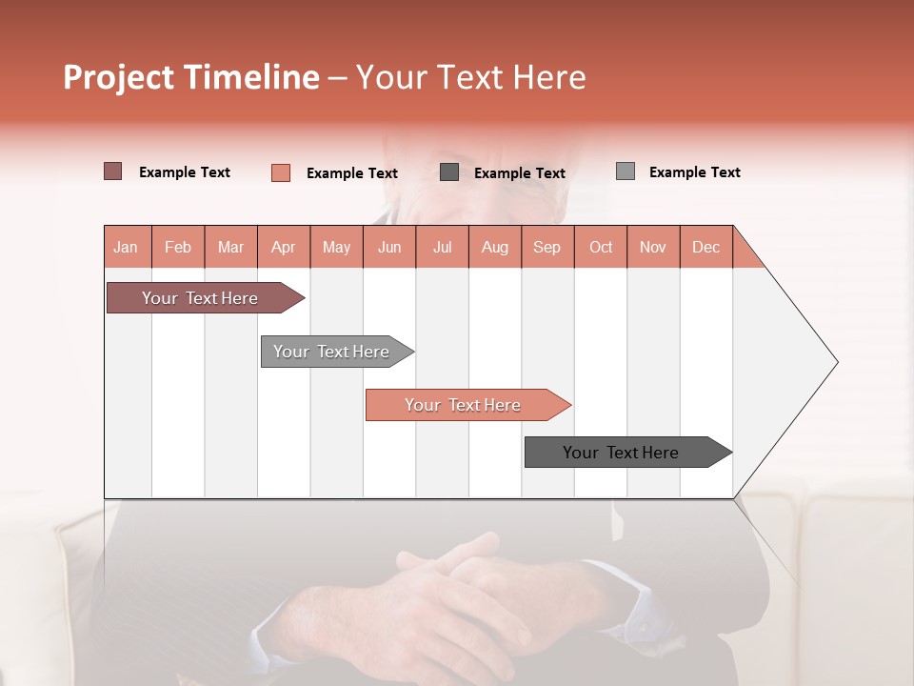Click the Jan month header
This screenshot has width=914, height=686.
coord(126,247)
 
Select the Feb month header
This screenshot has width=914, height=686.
coord(178,247)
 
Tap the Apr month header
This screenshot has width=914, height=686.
coord(283,247)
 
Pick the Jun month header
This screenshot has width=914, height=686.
coord(389,247)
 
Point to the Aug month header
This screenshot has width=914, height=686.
coord(494,247)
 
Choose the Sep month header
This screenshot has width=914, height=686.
coord(546,247)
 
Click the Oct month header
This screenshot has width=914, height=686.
coord(601,247)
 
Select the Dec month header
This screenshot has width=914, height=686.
coord(705,247)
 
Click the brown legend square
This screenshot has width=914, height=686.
coord(113,171)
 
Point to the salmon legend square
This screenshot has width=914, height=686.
coord(281,172)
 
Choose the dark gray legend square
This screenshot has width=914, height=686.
coord(449,172)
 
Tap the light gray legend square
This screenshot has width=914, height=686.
coord(626,171)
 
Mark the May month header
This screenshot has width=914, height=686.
coord(336,247)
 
